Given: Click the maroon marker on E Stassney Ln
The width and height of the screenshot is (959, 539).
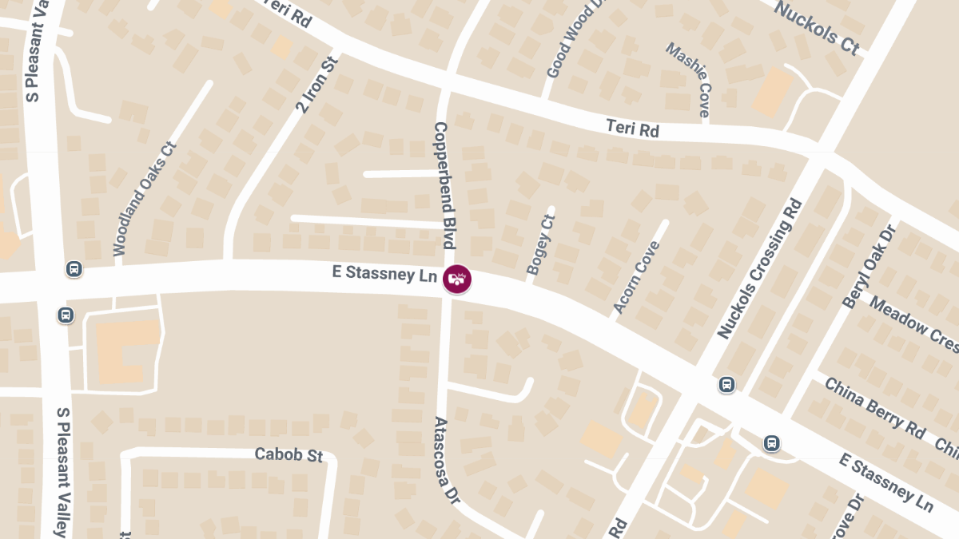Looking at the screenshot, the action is point(457,279).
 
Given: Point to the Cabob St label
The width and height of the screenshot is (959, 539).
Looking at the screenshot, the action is point(288,454).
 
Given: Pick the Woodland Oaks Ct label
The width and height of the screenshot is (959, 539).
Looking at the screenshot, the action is point(144,199).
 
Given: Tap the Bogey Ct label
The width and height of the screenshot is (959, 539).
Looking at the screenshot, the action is point(541,244).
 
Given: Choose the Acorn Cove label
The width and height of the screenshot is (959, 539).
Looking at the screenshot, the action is point(637,276).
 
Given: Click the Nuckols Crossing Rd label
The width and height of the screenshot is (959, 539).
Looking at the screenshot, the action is point(759,269).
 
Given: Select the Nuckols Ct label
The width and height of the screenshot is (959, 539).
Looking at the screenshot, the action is point(817,28).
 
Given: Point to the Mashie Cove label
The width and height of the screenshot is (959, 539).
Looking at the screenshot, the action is point(689,79).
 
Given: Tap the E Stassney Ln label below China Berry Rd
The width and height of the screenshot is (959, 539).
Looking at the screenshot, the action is point(886,482).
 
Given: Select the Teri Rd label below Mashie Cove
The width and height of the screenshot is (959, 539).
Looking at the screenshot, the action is point(633,128).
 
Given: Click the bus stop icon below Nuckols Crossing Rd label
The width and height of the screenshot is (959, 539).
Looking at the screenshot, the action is point(726,385).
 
